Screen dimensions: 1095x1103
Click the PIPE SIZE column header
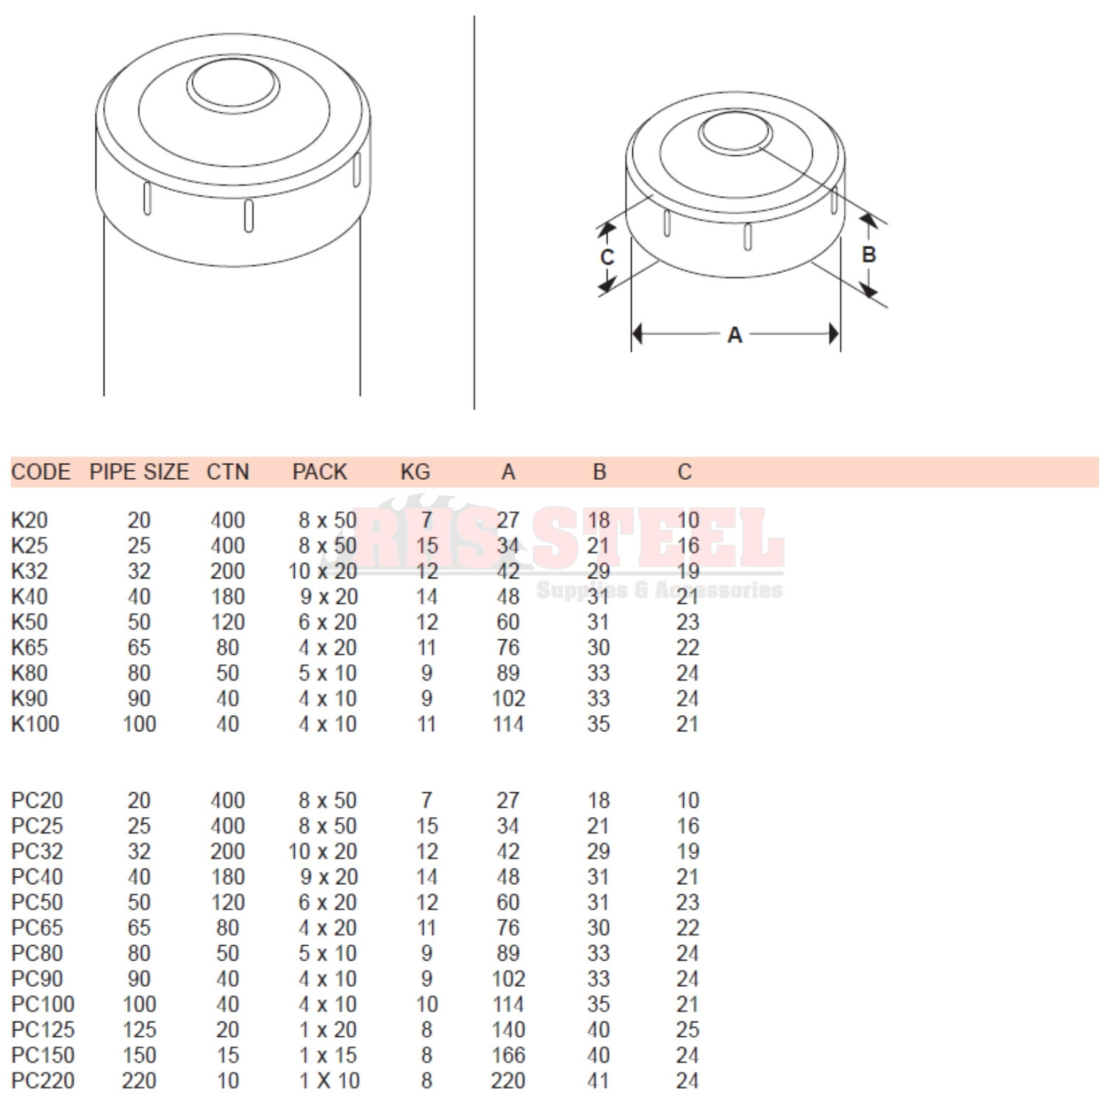click(139, 472)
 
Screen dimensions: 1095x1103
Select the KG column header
click(415, 472)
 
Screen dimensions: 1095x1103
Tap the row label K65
click(29, 647)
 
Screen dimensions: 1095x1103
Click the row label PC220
click(43, 1080)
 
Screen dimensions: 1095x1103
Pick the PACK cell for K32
click(323, 571)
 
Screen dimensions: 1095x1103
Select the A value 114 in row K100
click(508, 724)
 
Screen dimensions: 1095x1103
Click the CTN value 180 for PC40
click(227, 877)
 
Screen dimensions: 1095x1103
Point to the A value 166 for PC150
click(508, 1055)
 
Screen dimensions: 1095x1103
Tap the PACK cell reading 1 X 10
click(329, 1080)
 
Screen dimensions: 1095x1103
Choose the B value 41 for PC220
click(599, 1080)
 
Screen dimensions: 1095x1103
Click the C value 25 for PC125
click(688, 1030)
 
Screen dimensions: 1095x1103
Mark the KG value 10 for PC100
click(426, 1004)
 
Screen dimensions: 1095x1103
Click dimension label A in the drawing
click(735, 335)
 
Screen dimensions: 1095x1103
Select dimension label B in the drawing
click(868, 254)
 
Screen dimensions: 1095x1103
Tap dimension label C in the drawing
click(607, 257)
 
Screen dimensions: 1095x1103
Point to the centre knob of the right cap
click(734, 133)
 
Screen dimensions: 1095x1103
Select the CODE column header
click(41, 472)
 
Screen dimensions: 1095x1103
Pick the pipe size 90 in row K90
click(139, 698)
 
